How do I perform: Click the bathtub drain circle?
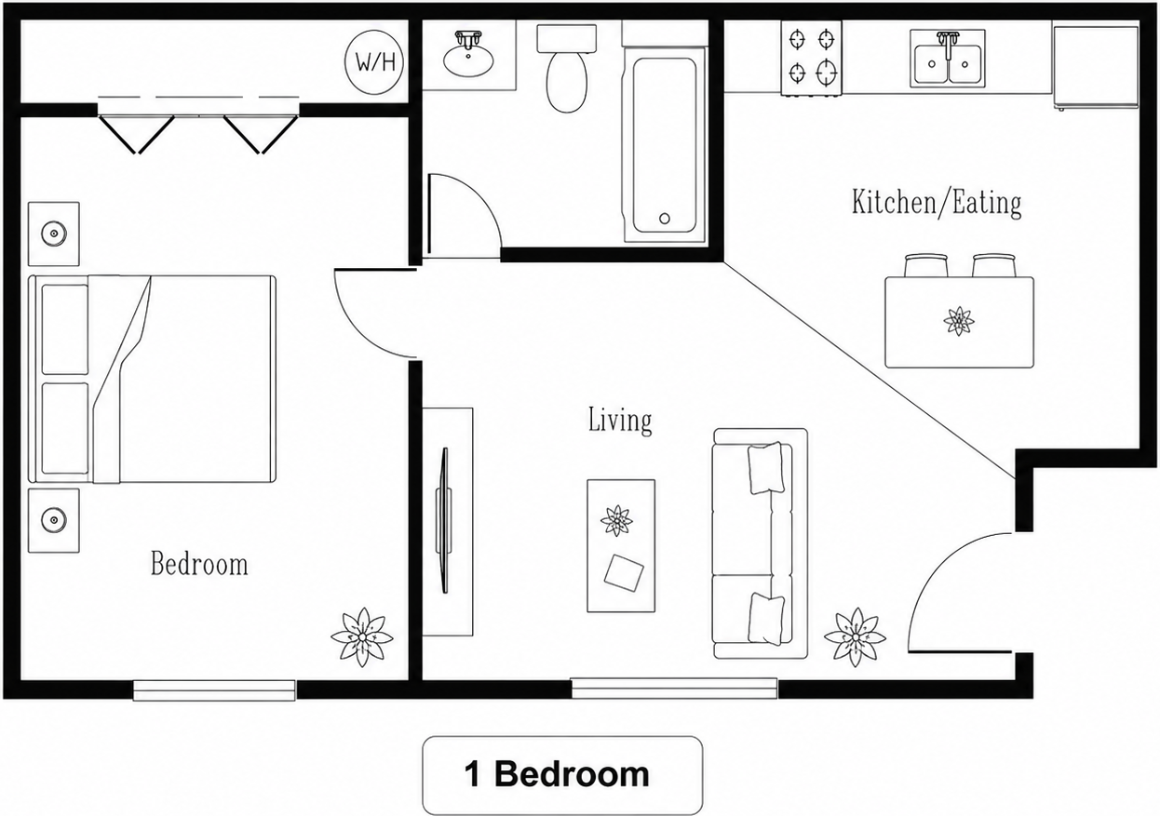click(x=665, y=219)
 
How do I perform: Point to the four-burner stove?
click(x=812, y=58)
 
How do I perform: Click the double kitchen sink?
click(x=948, y=59)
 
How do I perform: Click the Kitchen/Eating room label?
click(x=937, y=202)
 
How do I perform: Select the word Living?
click(x=620, y=421)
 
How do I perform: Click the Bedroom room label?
click(x=199, y=564)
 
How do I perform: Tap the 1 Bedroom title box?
click(x=562, y=775)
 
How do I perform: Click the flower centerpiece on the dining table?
click(x=959, y=321)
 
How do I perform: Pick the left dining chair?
click(x=926, y=265)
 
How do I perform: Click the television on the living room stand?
click(x=444, y=520)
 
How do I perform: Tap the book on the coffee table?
click(x=624, y=573)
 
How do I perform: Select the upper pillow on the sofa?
click(x=765, y=468)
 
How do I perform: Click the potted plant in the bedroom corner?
click(x=362, y=637)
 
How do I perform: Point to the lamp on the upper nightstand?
click(x=53, y=234)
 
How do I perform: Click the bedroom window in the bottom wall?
click(x=214, y=690)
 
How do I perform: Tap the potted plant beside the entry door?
click(x=855, y=637)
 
